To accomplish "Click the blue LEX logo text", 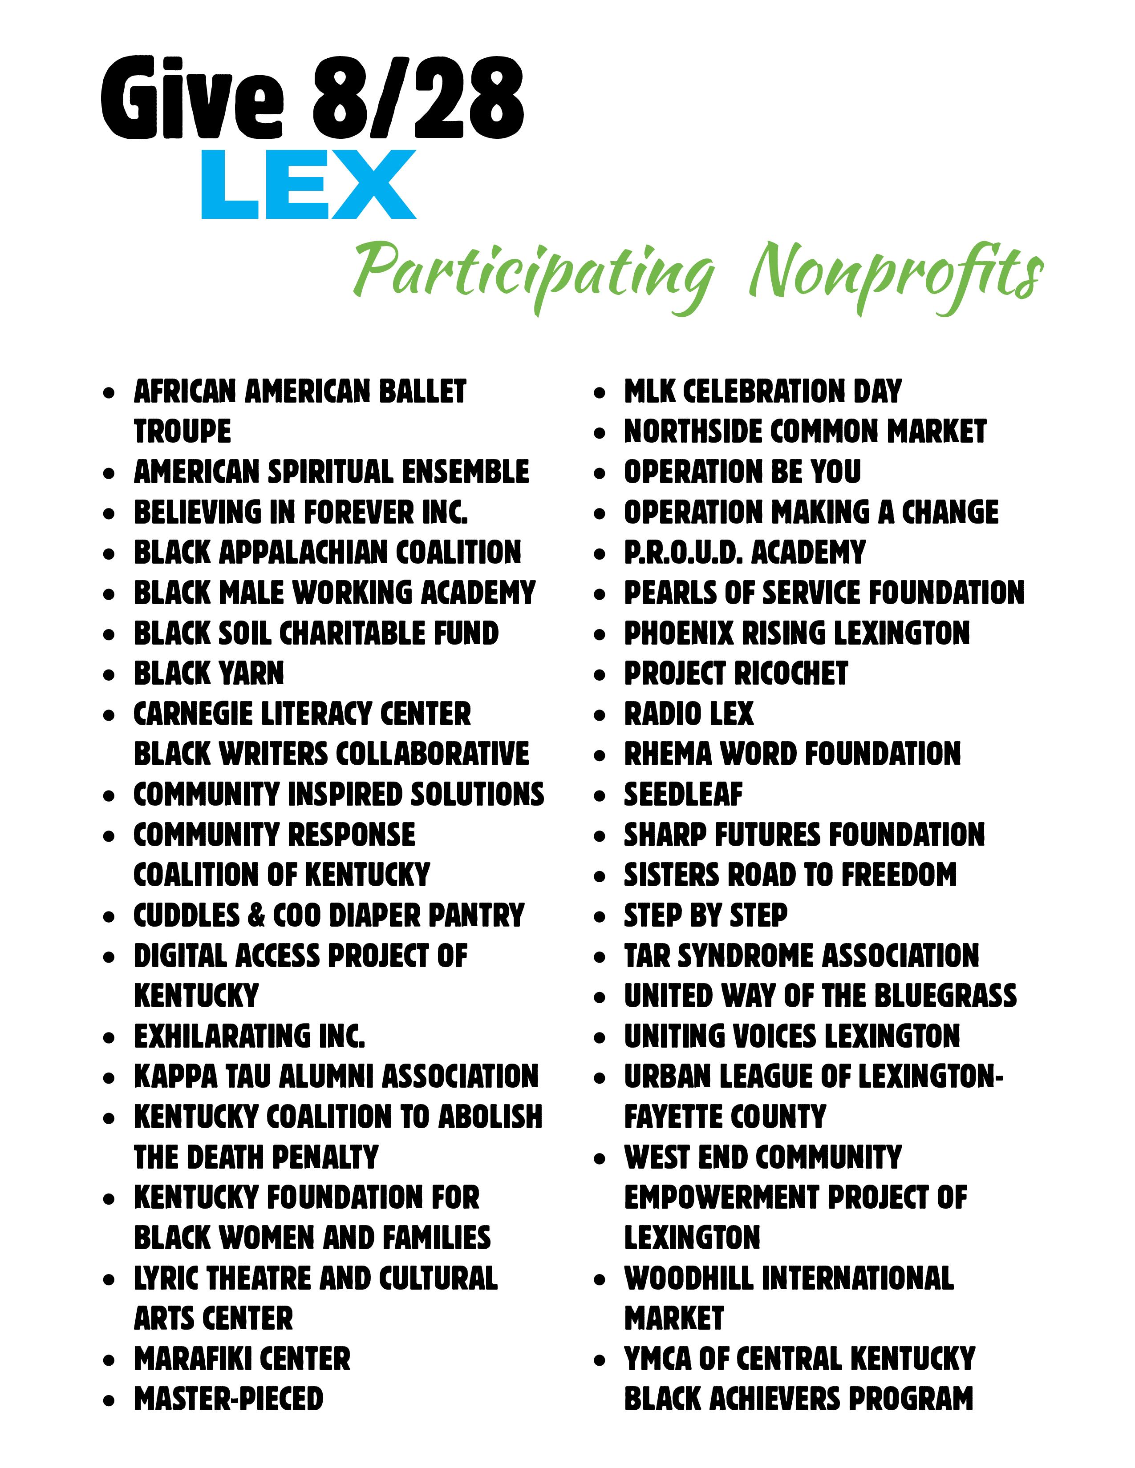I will [x=308, y=185].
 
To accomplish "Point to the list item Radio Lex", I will [x=689, y=714].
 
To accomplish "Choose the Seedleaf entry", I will [x=683, y=794].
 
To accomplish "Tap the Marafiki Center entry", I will [x=242, y=1359].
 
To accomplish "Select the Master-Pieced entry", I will [x=229, y=1399].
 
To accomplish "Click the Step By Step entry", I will [x=705, y=915].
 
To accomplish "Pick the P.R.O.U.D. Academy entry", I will [x=744, y=553].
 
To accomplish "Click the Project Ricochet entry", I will [x=736, y=674].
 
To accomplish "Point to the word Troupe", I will [x=182, y=432].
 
